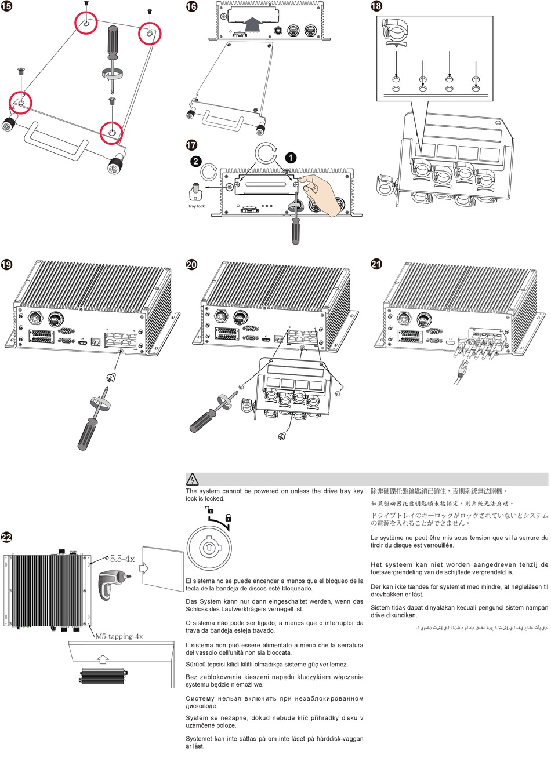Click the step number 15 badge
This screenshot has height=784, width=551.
click(6, 6)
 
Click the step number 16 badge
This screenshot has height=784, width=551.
click(191, 6)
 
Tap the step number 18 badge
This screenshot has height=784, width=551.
click(376, 6)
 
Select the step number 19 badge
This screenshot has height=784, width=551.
click(6, 265)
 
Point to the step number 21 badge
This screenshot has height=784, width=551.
click(376, 264)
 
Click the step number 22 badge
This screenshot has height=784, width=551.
click(6, 537)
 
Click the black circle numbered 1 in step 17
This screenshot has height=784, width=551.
click(291, 158)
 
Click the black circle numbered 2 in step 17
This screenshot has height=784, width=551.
click(195, 161)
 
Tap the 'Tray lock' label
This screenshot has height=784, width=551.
click(196, 206)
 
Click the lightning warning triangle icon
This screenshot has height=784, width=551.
click(193, 479)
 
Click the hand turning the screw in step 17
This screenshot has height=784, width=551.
click(318, 193)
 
